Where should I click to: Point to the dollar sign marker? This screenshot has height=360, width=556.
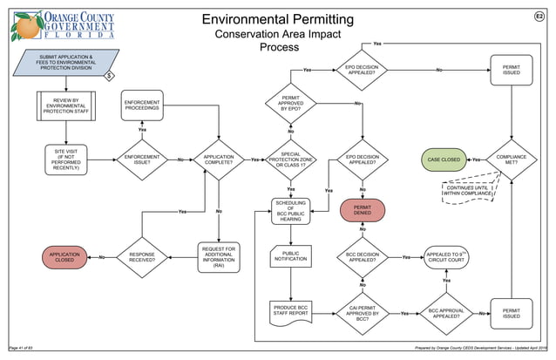[x=110, y=77]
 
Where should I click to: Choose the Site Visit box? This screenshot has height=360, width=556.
[x=65, y=160]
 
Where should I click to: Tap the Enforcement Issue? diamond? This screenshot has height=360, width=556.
[x=142, y=160]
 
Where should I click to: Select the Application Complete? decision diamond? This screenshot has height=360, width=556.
[x=219, y=160]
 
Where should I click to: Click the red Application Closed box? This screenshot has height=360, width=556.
[x=65, y=257]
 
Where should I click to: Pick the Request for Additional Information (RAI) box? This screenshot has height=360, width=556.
[x=219, y=257]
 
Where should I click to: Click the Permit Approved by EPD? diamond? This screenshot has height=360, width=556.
[x=291, y=104]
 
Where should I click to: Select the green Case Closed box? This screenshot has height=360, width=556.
[x=444, y=160]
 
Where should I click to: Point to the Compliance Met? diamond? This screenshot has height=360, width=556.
[x=512, y=160]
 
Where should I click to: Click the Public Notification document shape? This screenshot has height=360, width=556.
[x=291, y=258]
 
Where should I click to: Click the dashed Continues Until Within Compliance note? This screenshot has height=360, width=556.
[x=470, y=191]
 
